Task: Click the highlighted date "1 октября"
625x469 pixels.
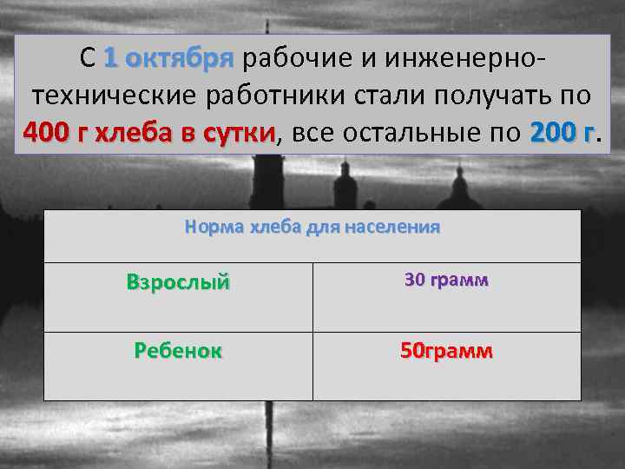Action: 168,58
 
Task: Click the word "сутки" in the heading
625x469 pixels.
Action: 239,133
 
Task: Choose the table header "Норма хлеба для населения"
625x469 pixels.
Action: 312,228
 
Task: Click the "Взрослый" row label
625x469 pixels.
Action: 178,282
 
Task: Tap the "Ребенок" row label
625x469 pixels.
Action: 178,351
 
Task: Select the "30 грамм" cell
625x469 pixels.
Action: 446,281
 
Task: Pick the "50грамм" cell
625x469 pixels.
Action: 446,351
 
